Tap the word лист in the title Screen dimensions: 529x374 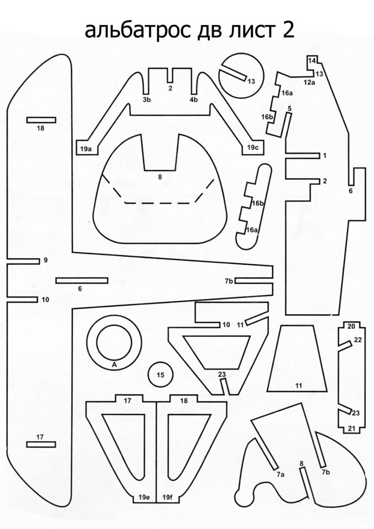pyautogui.click(x=245, y=32)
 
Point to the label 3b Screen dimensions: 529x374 pyautogui.click(x=146, y=100)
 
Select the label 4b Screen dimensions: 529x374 pyautogui.click(x=194, y=100)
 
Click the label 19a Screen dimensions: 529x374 pyautogui.click(x=85, y=148)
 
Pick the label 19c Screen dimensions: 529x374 pyautogui.click(x=253, y=147)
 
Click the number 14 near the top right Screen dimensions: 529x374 pyautogui.click(x=312, y=61)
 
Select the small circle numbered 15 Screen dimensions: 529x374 pyautogui.click(x=161, y=376)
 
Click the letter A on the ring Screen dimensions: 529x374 pyautogui.click(x=114, y=365)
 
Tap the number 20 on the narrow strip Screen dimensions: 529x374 pyautogui.click(x=351, y=327)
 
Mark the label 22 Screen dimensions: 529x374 pyautogui.click(x=357, y=339)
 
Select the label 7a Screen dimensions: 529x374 pyautogui.click(x=280, y=474)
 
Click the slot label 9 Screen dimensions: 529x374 pyautogui.click(x=45, y=260)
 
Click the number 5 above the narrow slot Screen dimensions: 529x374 pyautogui.click(x=289, y=109)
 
